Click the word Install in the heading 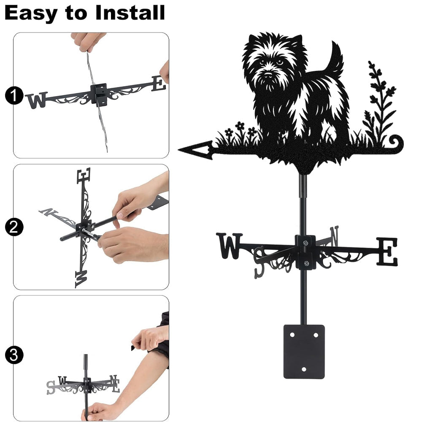click(130, 13)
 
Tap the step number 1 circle click(14, 95)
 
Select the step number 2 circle click(14, 227)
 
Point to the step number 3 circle click(14, 355)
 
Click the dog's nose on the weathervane click(268, 73)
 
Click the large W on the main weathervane click(229, 246)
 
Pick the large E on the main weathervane click(387, 252)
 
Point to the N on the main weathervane click(334, 236)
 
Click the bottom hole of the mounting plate click(304, 369)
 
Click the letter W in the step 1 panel click(37, 100)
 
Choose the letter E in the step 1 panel click(159, 83)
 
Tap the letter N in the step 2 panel click(49, 212)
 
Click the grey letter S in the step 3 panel click(51, 387)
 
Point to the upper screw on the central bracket click(305, 243)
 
